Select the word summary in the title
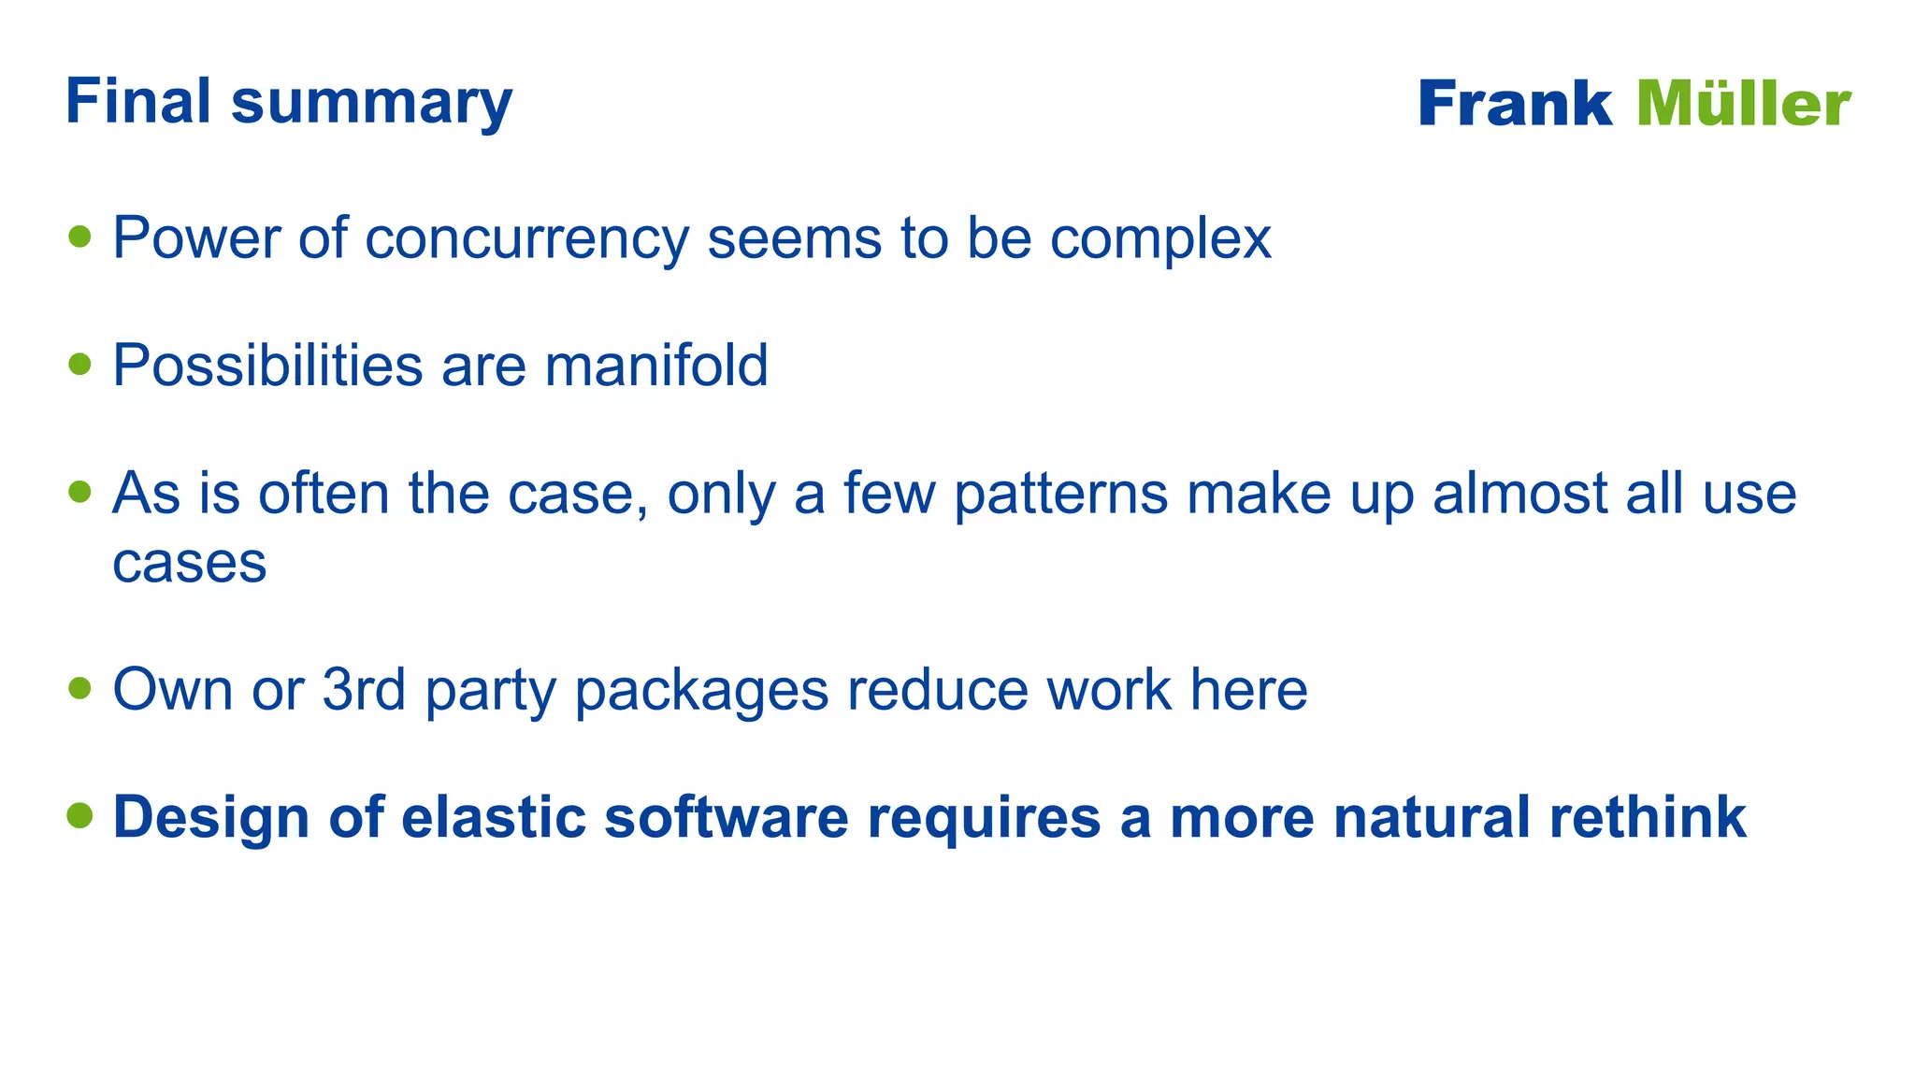click(x=371, y=105)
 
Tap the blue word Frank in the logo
click(x=1514, y=104)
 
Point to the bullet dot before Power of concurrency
click(x=80, y=237)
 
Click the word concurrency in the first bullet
click(x=526, y=239)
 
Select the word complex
click(x=1160, y=239)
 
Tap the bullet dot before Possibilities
click(x=80, y=364)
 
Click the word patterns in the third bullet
click(x=1060, y=495)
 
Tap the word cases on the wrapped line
click(x=190, y=563)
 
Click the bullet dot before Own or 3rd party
click(x=80, y=689)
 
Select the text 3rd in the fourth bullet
click(x=364, y=690)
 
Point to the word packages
click(x=701, y=692)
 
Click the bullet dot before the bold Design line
click(x=80, y=815)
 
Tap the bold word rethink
click(x=1648, y=817)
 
